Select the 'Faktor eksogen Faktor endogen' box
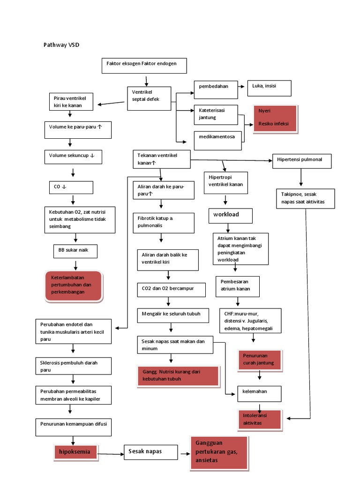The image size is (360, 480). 144,66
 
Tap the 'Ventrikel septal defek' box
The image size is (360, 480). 149,98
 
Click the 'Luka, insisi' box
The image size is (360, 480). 269,88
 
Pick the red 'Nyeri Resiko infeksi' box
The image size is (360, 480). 275,119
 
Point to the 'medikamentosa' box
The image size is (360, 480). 217,141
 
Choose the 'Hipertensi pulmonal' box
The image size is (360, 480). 302,161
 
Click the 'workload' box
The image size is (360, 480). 230,216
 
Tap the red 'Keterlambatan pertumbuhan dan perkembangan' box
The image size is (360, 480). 74,285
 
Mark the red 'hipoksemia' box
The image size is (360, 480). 75,452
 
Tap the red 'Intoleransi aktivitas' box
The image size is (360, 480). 259,420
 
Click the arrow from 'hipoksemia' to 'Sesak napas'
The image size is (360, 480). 111,453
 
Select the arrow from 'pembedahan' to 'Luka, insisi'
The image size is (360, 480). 241,87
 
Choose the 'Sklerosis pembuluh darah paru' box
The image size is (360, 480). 74,367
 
